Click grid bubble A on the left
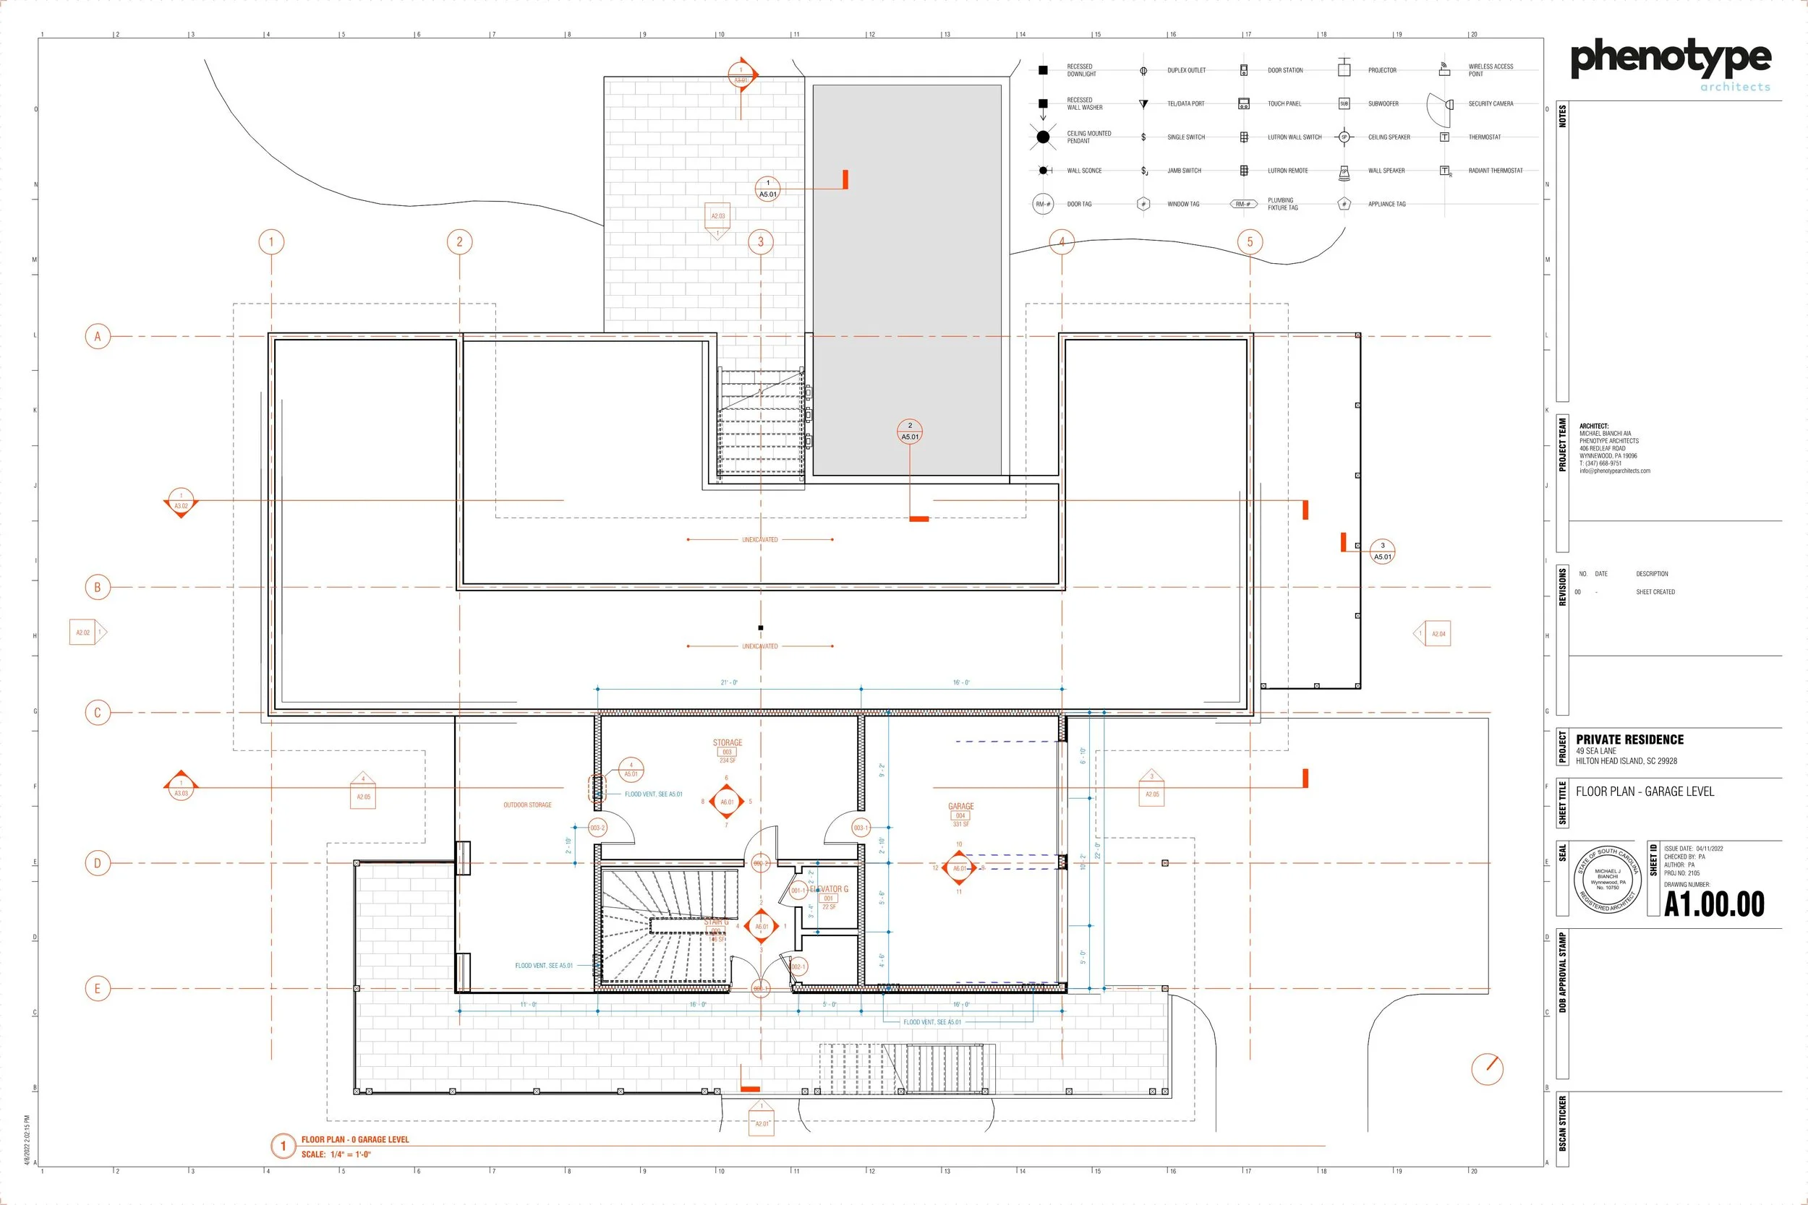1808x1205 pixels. pos(98,336)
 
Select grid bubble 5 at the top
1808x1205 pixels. pos(1249,241)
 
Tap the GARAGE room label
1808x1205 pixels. pos(961,806)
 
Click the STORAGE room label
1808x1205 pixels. pos(728,742)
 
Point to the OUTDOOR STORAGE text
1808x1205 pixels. pos(527,805)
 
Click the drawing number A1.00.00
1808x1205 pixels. pos(1713,904)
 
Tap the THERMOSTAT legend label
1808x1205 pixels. pos(1485,137)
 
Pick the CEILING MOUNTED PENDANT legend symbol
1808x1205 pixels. pos(1043,137)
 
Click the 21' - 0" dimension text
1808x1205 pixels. pos(729,682)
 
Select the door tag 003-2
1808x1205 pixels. pos(597,828)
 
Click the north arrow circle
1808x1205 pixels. pos(1487,1068)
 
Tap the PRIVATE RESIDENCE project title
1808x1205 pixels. pos(1629,739)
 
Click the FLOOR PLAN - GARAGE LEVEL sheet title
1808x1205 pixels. pos(1645,792)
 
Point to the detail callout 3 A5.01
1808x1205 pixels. pos(1382,551)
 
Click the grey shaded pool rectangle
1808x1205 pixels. pos(907,280)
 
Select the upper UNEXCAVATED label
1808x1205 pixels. pos(759,539)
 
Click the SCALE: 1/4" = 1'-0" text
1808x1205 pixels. pos(336,1154)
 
